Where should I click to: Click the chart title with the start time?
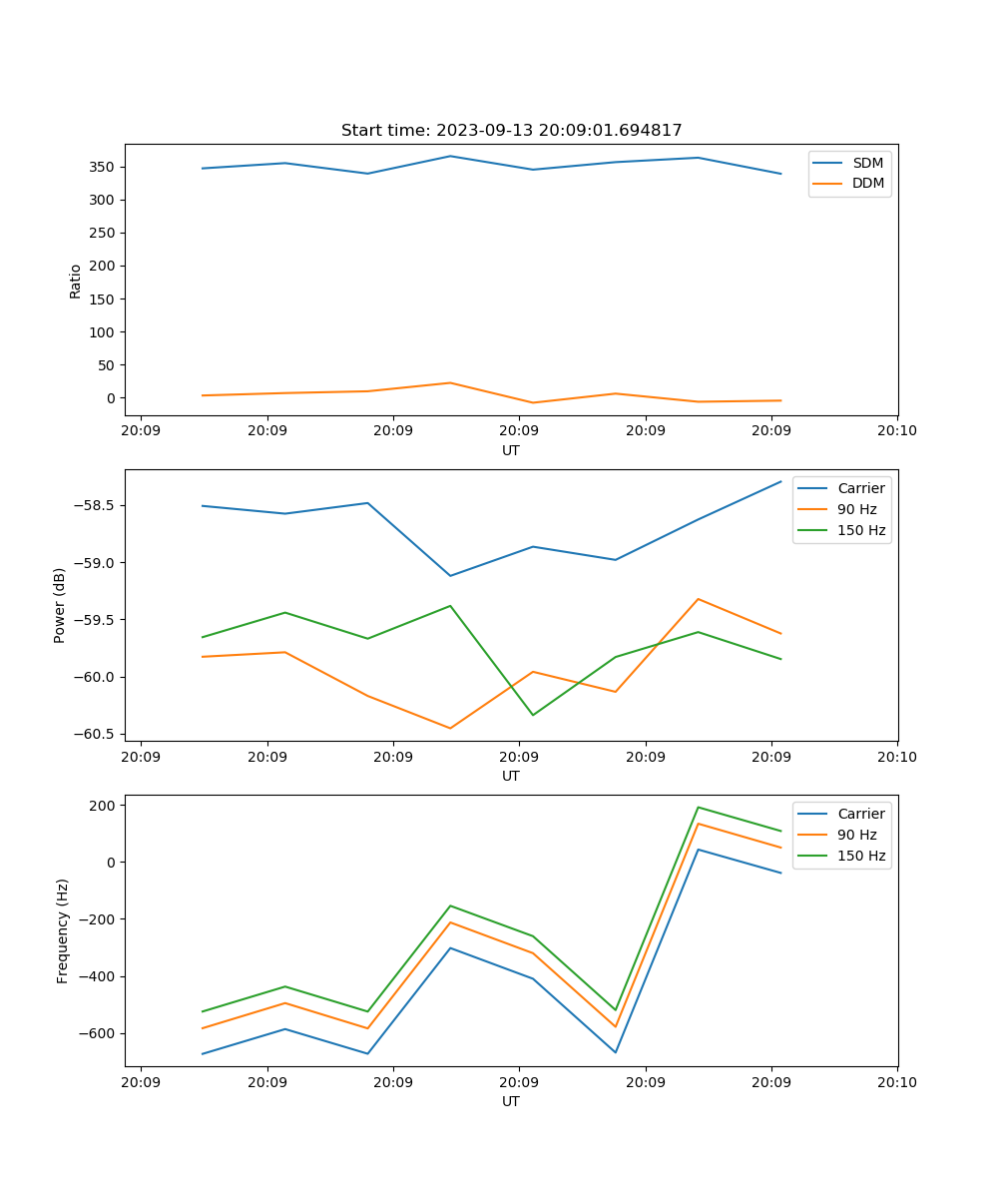511,130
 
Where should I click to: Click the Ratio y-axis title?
75,281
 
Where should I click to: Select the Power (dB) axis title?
60,605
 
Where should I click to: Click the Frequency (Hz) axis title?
62,930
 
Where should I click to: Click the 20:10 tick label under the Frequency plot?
896,1082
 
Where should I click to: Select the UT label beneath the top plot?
511,450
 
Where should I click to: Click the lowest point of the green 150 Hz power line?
533,715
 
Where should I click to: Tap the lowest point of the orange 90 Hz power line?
450,728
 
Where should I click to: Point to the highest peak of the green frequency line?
698,807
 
